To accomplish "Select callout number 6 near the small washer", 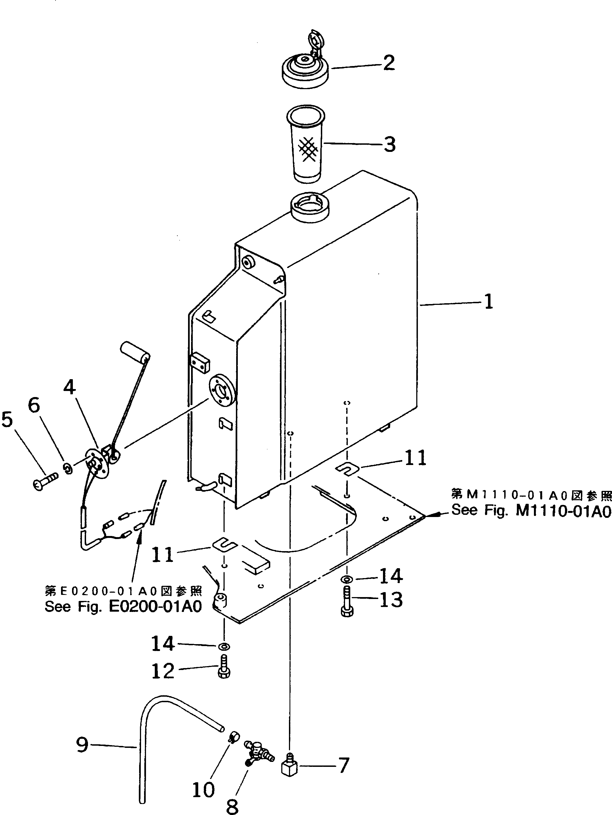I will click(34, 405).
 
